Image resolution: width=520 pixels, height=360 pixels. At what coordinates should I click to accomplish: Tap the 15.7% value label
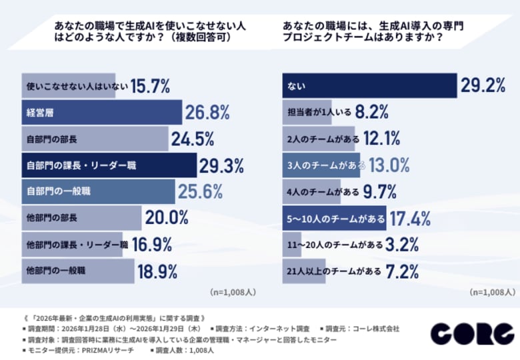point(150,86)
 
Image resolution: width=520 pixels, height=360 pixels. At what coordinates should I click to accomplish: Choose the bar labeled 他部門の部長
point(81,218)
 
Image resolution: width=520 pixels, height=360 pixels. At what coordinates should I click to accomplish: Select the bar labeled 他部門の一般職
point(76,271)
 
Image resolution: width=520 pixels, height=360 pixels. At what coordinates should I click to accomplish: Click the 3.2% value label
point(403,244)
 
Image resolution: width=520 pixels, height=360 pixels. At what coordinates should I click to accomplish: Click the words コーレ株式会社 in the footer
point(375,329)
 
